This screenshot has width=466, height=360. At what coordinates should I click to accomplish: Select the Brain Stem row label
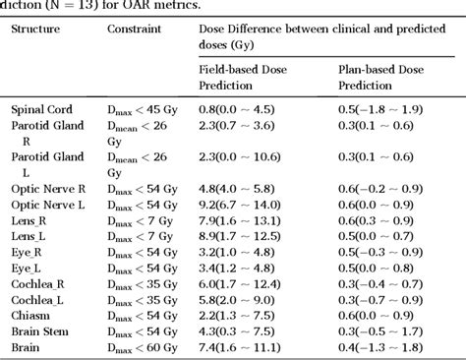[x=39, y=332]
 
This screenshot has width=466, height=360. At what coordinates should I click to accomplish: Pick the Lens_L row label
[x=31, y=236]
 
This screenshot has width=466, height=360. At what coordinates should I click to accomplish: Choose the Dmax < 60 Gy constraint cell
[x=145, y=348]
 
